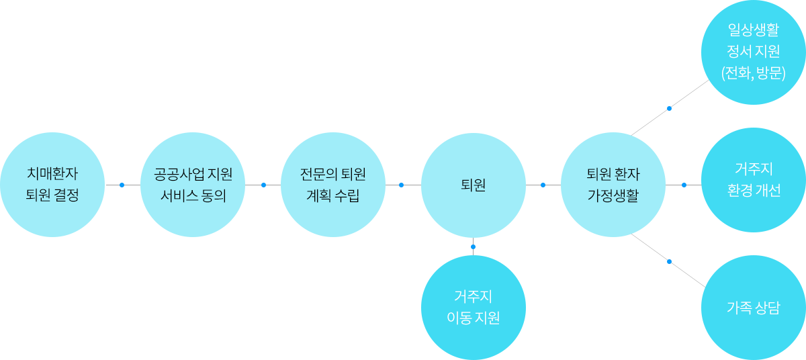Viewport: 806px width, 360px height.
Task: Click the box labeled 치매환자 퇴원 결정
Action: (x=52, y=185)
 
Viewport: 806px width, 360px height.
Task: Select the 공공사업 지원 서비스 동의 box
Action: (x=192, y=185)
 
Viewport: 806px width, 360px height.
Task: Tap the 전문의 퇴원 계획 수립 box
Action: (x=332, y=185)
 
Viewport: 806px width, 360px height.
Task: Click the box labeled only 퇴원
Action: (x=473, y=185)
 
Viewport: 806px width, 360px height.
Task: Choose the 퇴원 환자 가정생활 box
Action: (x=613, y=185)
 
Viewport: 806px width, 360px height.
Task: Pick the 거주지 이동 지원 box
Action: (x=473, y=307)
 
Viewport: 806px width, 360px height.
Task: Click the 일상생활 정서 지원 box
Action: (x=753, y=52)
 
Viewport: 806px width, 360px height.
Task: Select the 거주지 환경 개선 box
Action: (x=753, y=179)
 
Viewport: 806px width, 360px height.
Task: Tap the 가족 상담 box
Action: (x=753, y=308)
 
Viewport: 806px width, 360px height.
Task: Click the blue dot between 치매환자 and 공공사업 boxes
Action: (x=122, y=185)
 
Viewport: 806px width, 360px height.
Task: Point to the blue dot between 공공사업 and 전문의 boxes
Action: (x=263, y=185)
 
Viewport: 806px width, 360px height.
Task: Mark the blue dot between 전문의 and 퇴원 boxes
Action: (x=402, y=185)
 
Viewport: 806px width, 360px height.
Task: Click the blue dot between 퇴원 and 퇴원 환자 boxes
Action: (x=543, y=185)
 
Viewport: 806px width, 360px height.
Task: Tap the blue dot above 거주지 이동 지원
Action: (x=473, y=246)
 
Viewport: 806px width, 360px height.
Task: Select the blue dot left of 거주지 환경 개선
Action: (x=684, y=185)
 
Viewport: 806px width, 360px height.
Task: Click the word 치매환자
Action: (x=52, y=174)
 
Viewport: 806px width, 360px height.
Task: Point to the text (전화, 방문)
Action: (x=753, y=73)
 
